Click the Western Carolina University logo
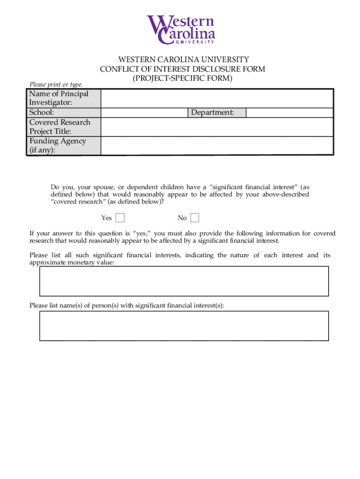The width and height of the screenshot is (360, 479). pos(181,29)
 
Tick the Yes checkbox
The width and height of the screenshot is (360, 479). pos(120,218)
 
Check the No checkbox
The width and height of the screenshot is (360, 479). pos(195,218)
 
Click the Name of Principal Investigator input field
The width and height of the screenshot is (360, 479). pos(216,99)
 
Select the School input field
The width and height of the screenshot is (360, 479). pos(144,113)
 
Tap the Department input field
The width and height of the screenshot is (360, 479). pos(289,113)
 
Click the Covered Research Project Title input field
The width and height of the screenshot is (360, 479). pos(216,127)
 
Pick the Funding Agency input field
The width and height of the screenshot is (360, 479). pos(216,145)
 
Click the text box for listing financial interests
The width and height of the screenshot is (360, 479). pos(184,281)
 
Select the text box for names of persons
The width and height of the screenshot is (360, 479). pos(184,326)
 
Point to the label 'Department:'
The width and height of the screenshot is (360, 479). pos(212,113)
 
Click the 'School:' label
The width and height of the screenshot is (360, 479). pos(42,113)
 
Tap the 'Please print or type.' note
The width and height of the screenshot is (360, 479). pos(56,85)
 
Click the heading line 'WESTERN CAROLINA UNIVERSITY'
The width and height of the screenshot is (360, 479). pos(183,60)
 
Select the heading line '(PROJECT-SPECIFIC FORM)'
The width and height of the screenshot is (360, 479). pos(183,79)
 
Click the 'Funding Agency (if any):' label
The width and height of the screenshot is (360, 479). pos(58,145)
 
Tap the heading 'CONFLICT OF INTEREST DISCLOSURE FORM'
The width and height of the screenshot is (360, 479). pos(183,69)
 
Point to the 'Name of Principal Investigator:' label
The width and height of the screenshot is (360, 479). pos(58,98)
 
